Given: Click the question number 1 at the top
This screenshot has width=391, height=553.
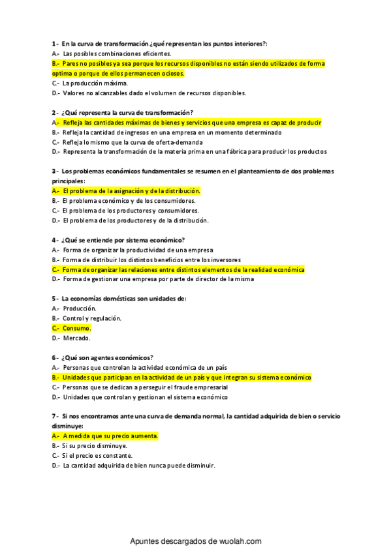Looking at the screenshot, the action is (54, 43).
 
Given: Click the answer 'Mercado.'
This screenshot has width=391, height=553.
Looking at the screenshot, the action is (76, 338).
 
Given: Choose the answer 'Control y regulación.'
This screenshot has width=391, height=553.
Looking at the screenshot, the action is (92, 318).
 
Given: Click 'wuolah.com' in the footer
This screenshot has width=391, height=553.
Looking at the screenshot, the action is (238, 541).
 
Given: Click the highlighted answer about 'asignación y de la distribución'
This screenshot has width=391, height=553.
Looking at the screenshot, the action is (131, 191).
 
